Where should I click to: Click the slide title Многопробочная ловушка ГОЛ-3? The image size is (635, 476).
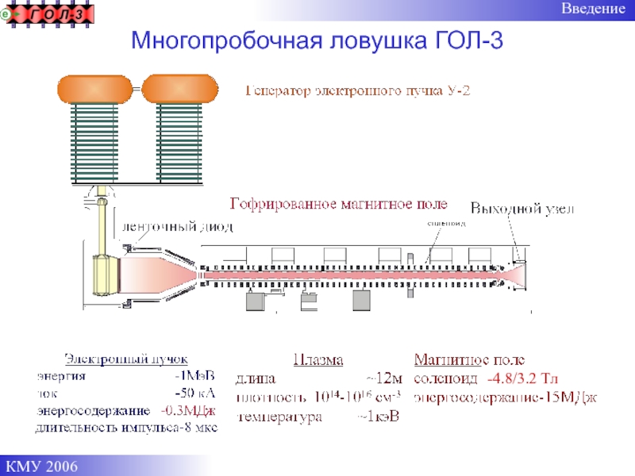coord(317,40)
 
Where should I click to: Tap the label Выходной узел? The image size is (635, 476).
coord(522,209)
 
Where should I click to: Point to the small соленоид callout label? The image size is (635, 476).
coord(446,224)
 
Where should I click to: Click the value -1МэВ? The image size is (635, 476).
coord(195,375)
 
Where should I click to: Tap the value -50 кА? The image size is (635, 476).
coord(195,393)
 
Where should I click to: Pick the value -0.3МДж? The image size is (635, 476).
coord(188,411)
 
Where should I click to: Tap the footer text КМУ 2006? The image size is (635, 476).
coord(44,464)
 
